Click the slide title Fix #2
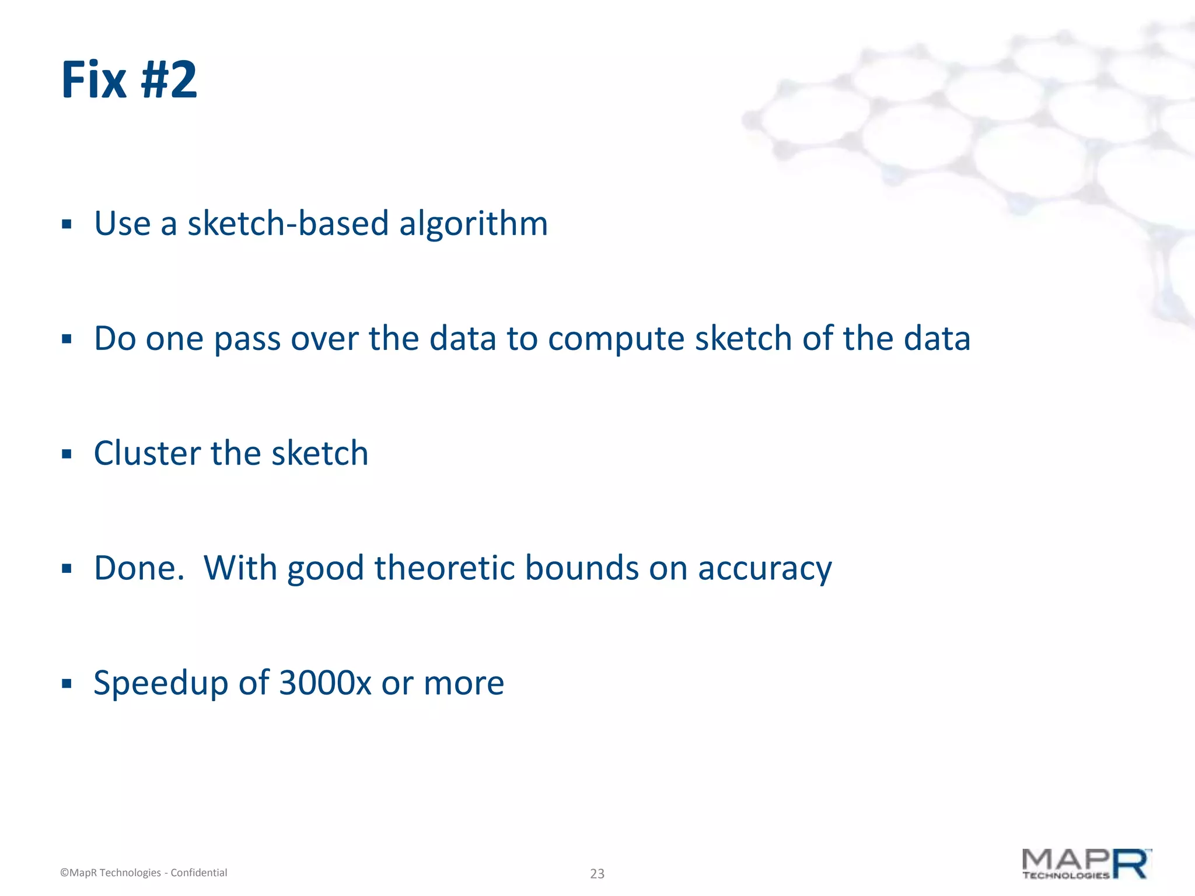coord(129,80)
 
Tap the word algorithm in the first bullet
coord(473,223)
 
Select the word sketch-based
coord(288,223)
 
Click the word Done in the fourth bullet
coord(135,568)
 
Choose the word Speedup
coord(160,684)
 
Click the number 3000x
coord(325,683)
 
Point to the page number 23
coord(597,873)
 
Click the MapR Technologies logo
coord(1086,864)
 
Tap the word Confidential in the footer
coord(198,873)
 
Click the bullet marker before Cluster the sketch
coord(67,454)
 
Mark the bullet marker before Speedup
coord(67,684)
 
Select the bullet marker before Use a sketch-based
coord(67,224)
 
